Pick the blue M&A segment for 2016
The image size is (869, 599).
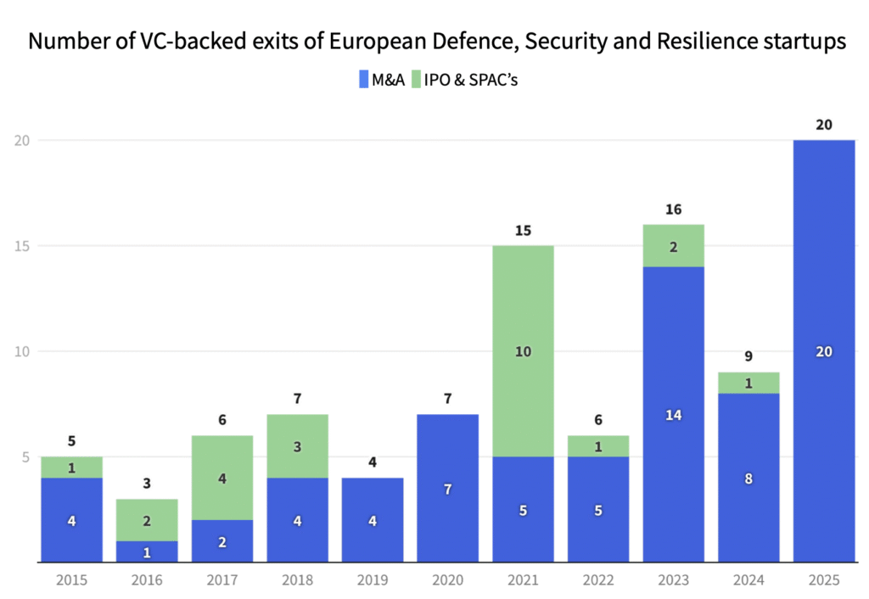148,551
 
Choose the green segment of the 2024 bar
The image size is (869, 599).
748,383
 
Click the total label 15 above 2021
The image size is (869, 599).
524,230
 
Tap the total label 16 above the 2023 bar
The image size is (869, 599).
674,209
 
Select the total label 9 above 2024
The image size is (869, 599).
748,356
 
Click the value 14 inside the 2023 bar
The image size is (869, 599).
674,415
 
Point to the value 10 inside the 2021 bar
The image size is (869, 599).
524,351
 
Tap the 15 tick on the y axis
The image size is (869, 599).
22,246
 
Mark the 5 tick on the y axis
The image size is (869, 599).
25,457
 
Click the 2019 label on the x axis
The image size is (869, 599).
373,580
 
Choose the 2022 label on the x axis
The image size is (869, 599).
598,580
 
